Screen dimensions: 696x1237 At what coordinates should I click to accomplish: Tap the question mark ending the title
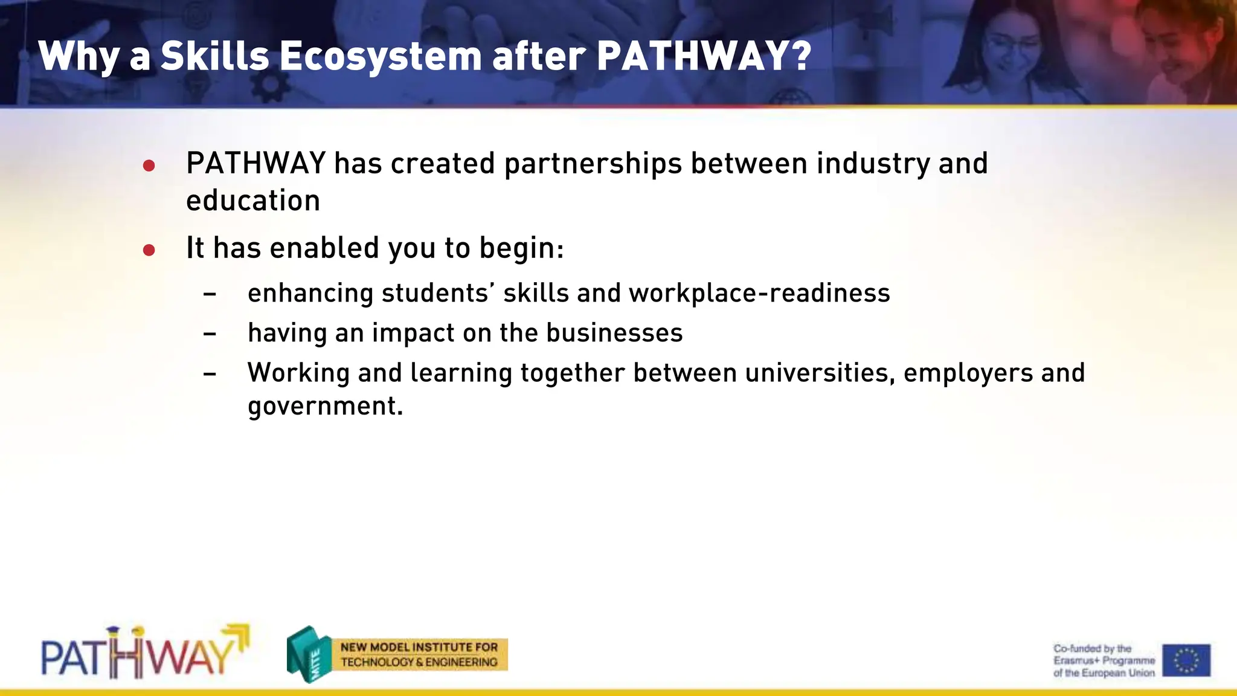[800, 56]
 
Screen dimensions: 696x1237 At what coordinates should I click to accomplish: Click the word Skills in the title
[214, 56]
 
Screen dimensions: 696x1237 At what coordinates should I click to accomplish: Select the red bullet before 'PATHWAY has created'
[149, 166]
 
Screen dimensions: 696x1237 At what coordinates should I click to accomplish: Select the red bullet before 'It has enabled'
[149, 250]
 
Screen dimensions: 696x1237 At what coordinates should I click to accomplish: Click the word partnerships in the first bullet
[593, 164]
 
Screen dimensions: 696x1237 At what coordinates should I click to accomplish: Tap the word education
[253, 201]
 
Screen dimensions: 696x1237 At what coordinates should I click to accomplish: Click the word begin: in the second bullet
[521, 248]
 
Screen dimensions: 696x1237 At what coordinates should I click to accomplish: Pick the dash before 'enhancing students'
[210, 294]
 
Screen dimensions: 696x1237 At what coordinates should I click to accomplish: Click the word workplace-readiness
[759, 294]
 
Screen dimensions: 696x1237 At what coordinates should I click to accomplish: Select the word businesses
[614, 333]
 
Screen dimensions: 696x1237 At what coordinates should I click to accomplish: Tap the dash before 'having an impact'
[210, 334]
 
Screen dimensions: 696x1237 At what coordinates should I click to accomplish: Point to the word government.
[324, 407]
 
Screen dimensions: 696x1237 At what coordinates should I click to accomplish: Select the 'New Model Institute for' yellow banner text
[419, 647]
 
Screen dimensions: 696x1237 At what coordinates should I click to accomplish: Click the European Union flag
[1186, 660]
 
